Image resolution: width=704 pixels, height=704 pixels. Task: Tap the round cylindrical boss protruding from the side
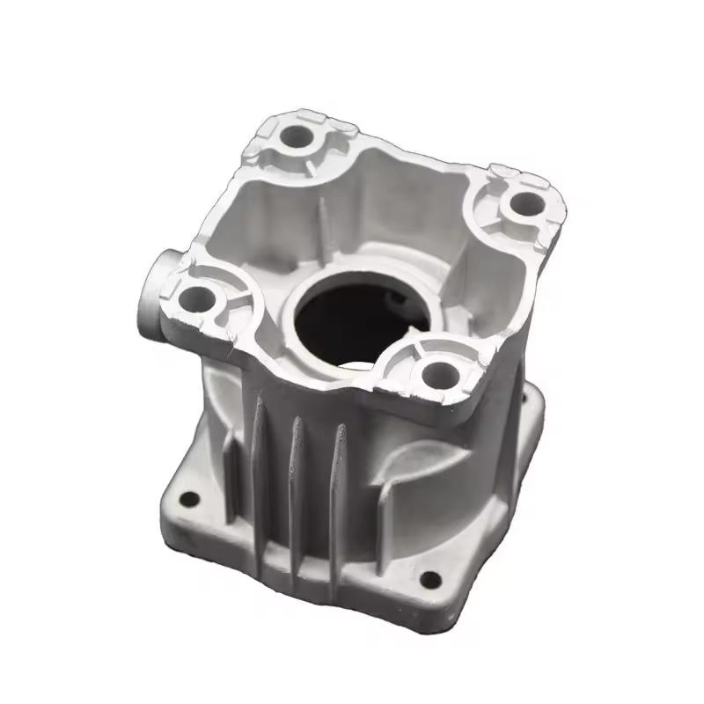(152, 291)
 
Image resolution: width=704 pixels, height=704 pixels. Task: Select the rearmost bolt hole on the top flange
(297, 136)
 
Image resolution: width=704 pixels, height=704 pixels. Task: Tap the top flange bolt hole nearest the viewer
(436, 373)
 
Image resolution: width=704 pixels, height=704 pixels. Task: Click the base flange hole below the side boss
(188, 502)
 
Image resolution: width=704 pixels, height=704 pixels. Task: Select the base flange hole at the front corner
(429, 578)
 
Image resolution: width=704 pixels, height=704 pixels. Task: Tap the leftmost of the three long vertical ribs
(259, 458)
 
